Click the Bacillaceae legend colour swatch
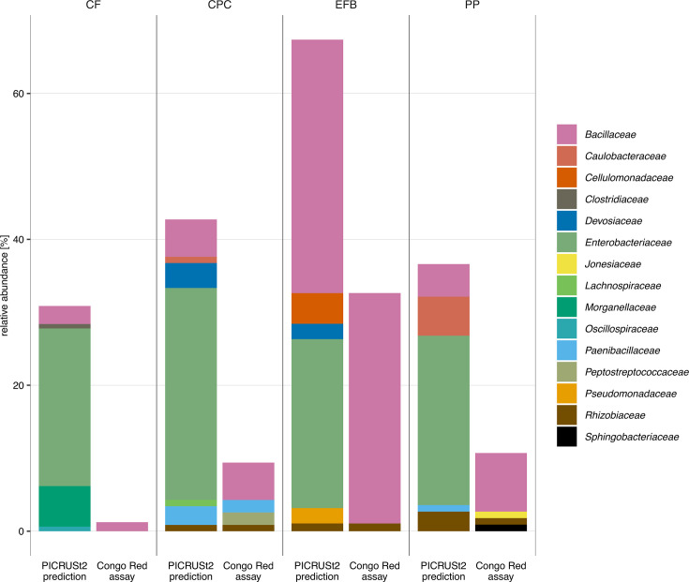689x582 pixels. (x=566, y=134)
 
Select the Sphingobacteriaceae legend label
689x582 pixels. (x=632, y=437)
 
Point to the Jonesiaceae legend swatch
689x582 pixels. (x=566, y=264)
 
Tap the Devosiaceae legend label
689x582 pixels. (x=613, y=221)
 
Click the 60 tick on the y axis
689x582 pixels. (x=18, y=94)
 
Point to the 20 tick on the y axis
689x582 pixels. (x=18, y=385)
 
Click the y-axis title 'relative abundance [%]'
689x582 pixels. (x=5, y=286)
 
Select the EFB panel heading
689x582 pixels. (x=346, y=5)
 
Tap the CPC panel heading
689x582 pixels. (x=219, y=5)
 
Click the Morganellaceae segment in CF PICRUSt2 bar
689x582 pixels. (x=65, y=506)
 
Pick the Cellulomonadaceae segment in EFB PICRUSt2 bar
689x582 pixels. (x=317, y=308)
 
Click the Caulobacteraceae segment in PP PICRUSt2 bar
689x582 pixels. (x=443, y=316)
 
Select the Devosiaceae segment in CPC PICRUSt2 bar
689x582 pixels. (x=190, y=276)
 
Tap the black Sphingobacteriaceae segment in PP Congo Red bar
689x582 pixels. (x=501, y=528)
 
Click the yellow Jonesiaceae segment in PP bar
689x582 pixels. (x=501, y=515)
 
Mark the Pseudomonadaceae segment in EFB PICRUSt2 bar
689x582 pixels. (x=317, y=515)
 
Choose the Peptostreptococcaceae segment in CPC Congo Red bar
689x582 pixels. (x=248, y=519)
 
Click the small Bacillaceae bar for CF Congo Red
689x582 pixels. (x=122, y=527)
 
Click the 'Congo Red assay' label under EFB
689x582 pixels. (x=374, y=571)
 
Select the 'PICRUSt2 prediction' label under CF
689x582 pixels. (x=65, y=571)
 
